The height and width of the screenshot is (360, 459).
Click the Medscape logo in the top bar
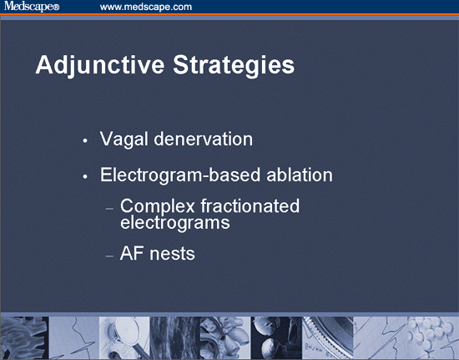click(x=29, y=7)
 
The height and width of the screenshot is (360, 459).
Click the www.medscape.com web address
click(x=146, y=7)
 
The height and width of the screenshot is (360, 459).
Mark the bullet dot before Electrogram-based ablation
click(x=85, y=178)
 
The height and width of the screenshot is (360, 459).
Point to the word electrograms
click(x=175, y=223)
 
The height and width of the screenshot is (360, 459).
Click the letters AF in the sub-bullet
click(x=132, y=253)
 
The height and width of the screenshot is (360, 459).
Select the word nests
click(x=173, y=253)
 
